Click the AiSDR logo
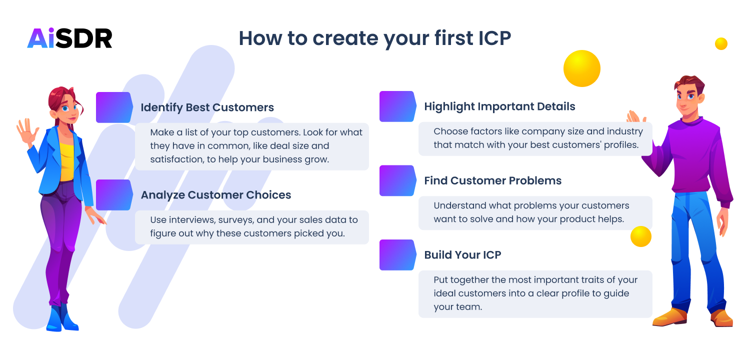pos(69,38)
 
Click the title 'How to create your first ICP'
pos(374,38)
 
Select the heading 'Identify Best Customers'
pos(207,107)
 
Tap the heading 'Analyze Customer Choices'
pos(215,195)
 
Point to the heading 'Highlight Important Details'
pos(499,106)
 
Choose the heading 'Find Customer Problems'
pos(492,180)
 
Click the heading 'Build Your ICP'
pos(462,254)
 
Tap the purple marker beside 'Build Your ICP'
pos(397,254)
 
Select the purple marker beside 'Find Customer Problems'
pos(397,180)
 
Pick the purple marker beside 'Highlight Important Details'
pos(397,106)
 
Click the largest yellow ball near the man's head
pos(581,68)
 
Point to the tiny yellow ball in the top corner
pos(721,44)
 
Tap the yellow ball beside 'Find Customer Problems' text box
pos(640,236)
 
